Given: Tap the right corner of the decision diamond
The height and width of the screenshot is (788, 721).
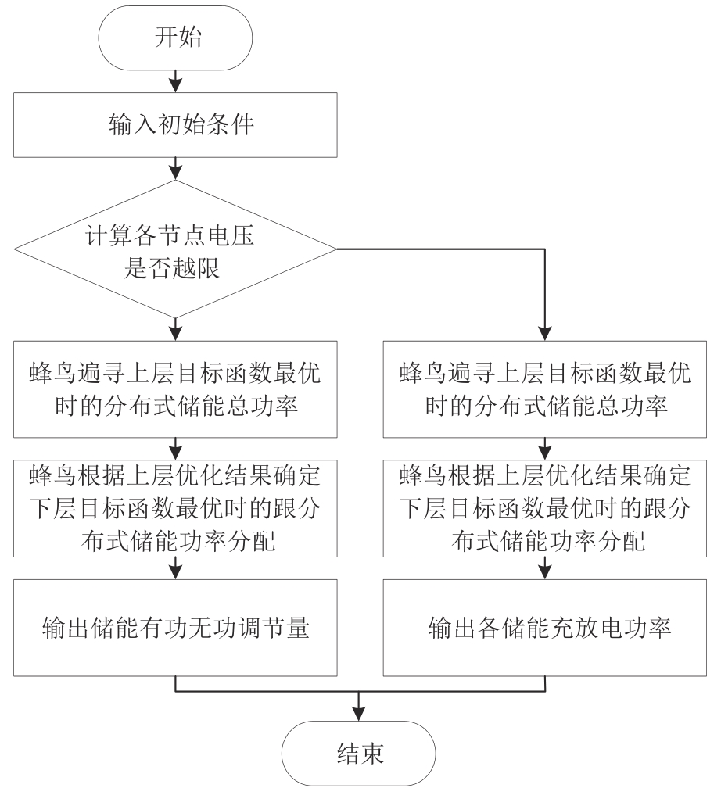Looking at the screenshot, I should point(336,249).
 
